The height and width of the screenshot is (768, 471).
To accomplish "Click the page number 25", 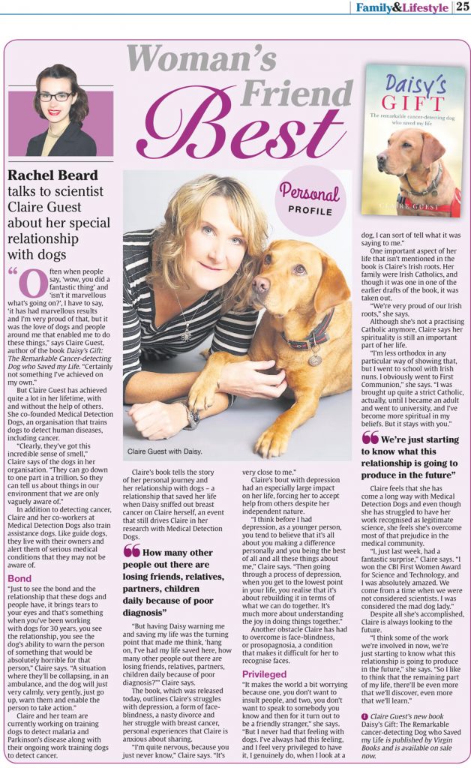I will click(x=462, y=7).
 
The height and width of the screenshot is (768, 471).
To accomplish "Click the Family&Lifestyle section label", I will click(x=402, y=7).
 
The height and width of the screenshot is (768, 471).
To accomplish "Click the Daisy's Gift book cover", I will click(x=412, y=139).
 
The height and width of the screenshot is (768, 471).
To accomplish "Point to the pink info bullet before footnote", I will click(x=364, y=715).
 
